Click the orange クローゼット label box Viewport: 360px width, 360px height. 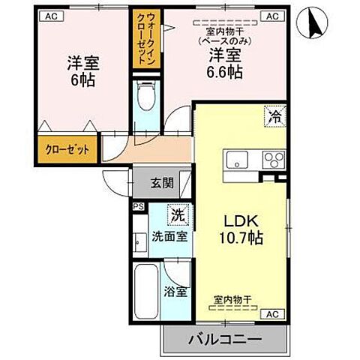(66, 148)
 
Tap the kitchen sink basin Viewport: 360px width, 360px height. (238, 159)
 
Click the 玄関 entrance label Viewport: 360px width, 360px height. (161, 182)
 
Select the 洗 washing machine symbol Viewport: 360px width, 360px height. (177, 214)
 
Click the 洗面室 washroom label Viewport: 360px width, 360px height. (169, 235)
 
